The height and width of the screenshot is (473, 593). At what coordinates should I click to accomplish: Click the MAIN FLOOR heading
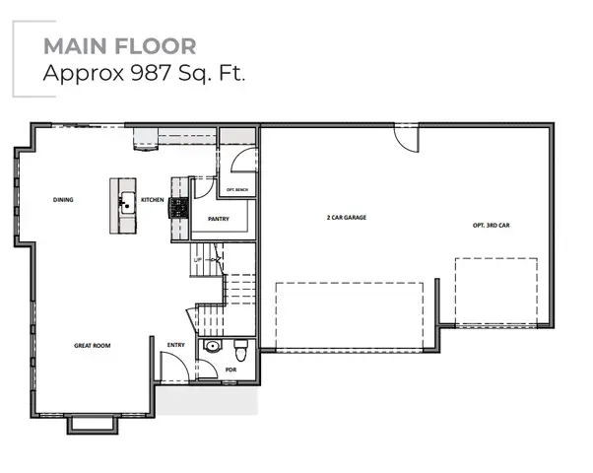(119, 46)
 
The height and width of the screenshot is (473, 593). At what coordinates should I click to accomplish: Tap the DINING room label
(63, 200)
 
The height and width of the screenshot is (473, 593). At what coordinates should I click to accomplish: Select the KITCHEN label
(152, 200)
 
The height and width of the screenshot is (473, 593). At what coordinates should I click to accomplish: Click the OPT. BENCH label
(236, 189)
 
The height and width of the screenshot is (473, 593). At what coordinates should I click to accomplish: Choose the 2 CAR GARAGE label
(347, 217)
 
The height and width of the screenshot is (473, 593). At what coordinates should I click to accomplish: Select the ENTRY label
(176, 345)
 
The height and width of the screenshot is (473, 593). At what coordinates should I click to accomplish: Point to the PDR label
(231, 371)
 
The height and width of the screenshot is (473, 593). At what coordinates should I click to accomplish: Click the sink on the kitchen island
(124, 205)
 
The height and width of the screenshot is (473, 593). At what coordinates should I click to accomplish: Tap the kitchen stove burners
(178, 207)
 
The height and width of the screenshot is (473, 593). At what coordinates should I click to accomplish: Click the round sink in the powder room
(212, 348)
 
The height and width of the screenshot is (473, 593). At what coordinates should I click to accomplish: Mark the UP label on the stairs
(197, 259)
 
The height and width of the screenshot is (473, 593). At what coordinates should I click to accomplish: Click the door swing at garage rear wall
(406, 138)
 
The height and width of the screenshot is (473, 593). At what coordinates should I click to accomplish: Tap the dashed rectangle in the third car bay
(495, 292)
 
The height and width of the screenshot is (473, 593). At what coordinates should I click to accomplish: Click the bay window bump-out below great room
(93, 424)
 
